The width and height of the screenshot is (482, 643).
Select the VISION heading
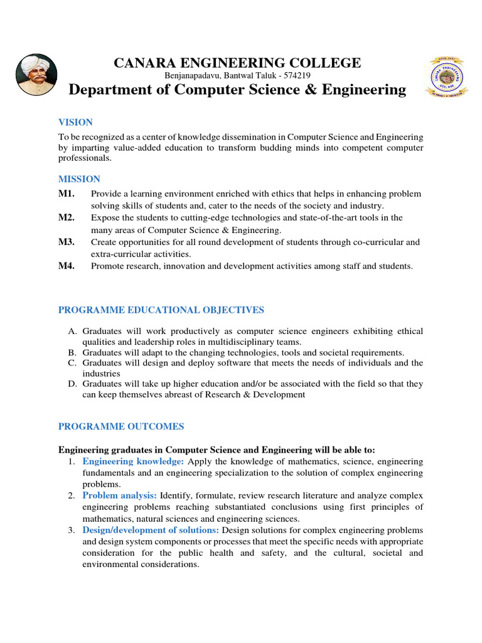pyautogui.click(x=75, y=122)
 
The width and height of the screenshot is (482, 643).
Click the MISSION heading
pyautogui.click(x=79, y=179)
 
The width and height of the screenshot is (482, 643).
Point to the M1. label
pyautogui.click(x=67, y=193)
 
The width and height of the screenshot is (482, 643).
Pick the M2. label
pyautogui.click(x=67, y=217)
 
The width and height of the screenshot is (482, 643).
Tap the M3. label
pyautogui.click(x=67, y=242)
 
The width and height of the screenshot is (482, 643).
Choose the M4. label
pyautogui.click(x=67, y=266)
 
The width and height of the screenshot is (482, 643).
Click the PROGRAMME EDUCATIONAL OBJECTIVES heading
pyautogui.click(x=161, y=310)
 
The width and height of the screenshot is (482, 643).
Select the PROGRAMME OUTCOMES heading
pyautogui.click(x=121, y=426)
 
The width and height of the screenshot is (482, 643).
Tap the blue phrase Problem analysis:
pyautogui.click(x=120, y=496)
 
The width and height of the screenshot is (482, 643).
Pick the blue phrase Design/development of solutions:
pyautogui.click(x=151, y=530)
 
